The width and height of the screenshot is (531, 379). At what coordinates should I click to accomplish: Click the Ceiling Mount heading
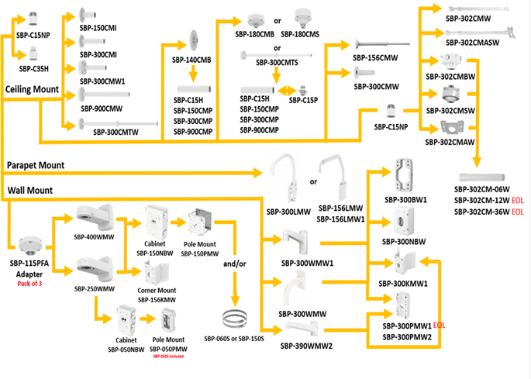point(32,90)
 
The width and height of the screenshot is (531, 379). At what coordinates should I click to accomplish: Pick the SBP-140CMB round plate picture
point(194,43)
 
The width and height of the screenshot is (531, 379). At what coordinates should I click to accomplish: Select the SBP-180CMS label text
point(301,35)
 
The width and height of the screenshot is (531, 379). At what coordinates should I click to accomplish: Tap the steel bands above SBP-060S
point(236,318)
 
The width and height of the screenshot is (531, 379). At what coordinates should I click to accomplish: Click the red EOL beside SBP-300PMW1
point(440,326)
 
